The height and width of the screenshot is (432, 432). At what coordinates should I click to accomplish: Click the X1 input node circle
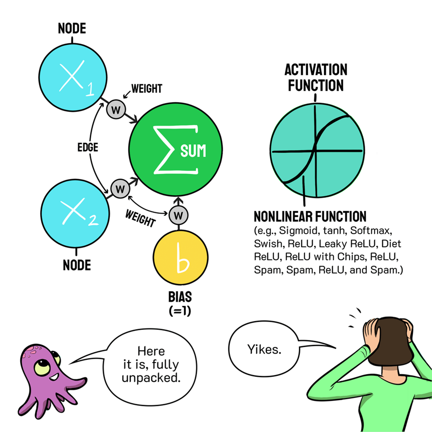[x=73, y=77]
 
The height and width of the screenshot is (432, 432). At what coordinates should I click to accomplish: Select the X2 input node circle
[x=75, y=213]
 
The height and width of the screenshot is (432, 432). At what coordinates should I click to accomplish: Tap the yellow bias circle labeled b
[x=181, y=257]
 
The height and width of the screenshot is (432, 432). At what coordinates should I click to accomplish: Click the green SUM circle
[x=175, y=149]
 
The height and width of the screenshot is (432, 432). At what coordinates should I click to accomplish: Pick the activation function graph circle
[x=317, y=150]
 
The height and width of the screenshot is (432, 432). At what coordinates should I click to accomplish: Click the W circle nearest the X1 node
[x=116, y=110]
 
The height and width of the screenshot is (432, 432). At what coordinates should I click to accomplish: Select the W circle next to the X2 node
[x=120, y=189]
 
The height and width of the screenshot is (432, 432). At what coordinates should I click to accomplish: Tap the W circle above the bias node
[x=178, y=215]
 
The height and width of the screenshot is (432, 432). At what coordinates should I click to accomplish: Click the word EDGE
[x=88, y=148]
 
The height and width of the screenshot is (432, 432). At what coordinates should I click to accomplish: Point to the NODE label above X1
[x=72, y=29]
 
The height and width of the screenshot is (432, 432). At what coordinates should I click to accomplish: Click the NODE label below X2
[x=77, y=265]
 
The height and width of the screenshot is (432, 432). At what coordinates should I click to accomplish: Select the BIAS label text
[x=180, y=297]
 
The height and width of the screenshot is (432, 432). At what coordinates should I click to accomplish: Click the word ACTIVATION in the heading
[x=316, y=70]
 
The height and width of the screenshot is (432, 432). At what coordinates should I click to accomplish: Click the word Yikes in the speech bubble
[x=264, y=349]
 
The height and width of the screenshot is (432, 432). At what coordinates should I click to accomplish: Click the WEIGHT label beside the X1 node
[x=147, y=89]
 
